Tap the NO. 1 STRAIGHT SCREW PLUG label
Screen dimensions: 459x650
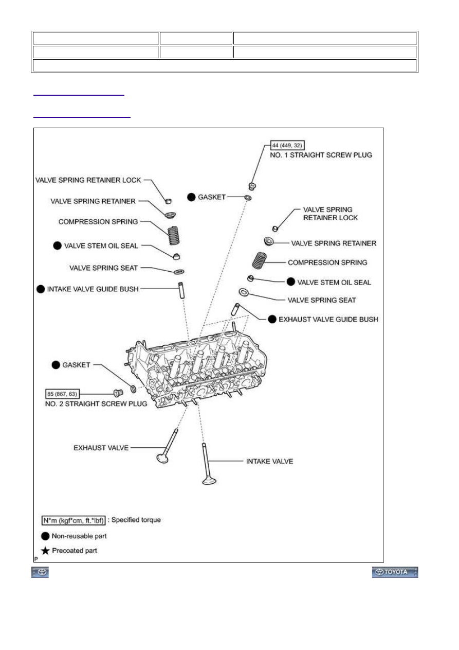(321, 155)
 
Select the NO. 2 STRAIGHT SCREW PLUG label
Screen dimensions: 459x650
(96, 403)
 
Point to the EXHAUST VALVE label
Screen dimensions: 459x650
(101, 448)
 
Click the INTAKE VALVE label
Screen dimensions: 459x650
(269, 462)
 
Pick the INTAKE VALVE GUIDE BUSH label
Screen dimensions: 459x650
(93, 289)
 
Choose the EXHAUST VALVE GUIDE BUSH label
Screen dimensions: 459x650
(328, 319)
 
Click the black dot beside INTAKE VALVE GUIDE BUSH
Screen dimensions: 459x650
(41, 289)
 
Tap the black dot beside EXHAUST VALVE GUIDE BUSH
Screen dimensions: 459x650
(272, 319)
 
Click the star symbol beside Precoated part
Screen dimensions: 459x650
(45, 551)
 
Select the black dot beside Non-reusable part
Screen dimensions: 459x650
(45, 536)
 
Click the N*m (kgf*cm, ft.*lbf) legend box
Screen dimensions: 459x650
(74, 520)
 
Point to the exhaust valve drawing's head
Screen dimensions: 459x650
(162, 459)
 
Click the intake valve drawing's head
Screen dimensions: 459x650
(209, 481)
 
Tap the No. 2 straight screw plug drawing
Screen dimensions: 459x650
(118, 393)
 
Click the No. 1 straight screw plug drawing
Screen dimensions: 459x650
(252, 186)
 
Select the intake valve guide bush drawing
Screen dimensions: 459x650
(181, 290)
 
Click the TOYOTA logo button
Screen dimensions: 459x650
(395, 572)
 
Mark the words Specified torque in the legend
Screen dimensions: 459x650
(136, 520)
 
